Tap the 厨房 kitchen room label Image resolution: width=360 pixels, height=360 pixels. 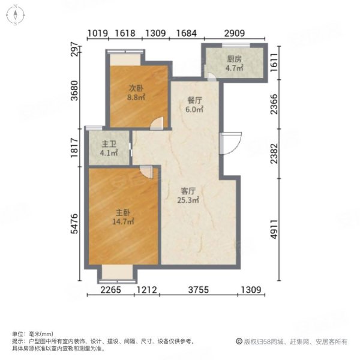[235, 59]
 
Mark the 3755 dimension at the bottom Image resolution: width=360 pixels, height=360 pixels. [198, 292]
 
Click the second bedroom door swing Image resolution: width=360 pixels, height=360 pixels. [156, 123]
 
